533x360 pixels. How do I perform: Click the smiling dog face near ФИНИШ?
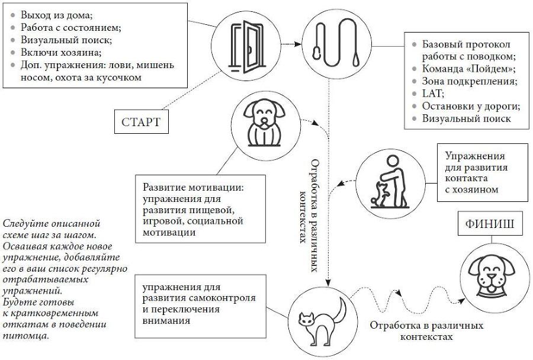[493, 275]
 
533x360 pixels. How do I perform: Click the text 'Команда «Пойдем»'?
[465, 69]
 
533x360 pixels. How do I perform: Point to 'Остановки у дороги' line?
[470, 106]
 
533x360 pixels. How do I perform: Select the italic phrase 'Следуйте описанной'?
[51, 224]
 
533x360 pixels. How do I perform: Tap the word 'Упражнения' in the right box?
[474, 156]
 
